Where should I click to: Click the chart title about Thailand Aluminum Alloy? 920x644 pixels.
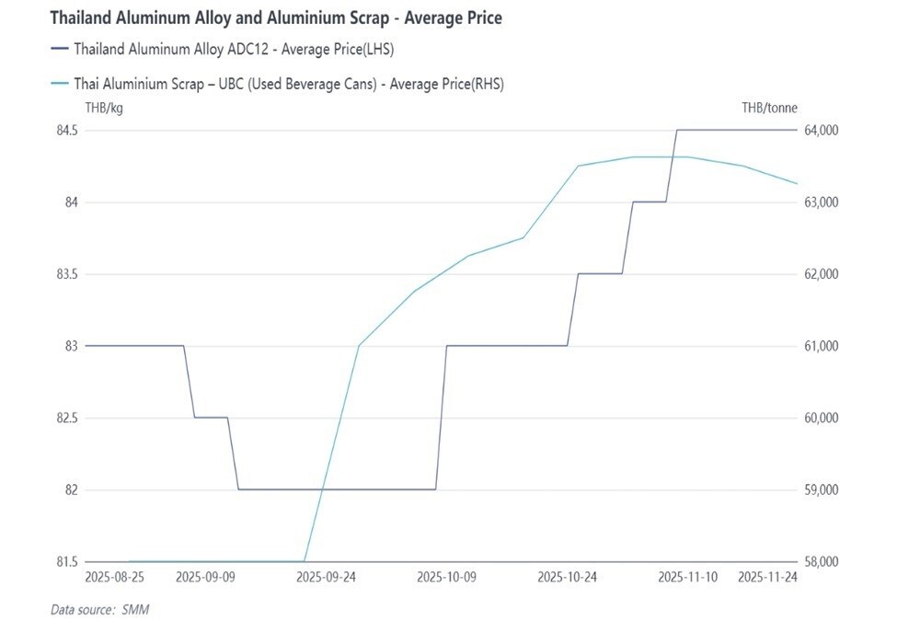(275, 17)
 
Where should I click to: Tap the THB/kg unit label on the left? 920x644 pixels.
(103, 108)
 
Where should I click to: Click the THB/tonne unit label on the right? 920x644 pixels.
(769, 108)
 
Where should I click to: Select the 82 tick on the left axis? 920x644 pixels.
(72, 489)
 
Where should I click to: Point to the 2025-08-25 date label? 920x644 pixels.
(114, 578)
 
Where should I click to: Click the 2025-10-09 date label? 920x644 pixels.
(448, 578)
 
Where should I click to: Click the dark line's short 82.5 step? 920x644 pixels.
(211, 418)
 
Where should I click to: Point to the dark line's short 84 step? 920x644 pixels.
(649, 201)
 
